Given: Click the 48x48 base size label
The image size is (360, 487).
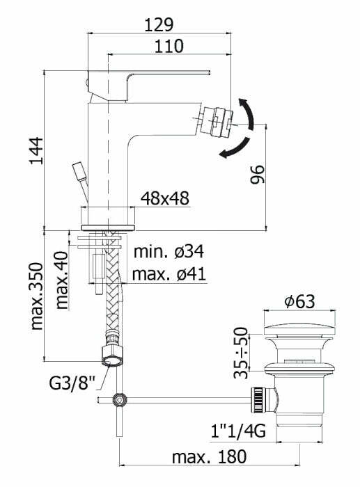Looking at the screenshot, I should (x=165, y=198).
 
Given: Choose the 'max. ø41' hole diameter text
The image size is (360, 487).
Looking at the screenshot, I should (x=169, y=274).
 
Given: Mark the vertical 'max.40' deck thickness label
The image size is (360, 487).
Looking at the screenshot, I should (x=63, y=281).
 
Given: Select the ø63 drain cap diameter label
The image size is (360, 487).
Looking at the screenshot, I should (x=299, y=301).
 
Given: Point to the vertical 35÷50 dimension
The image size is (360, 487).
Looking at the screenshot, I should (x=241, y=353).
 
